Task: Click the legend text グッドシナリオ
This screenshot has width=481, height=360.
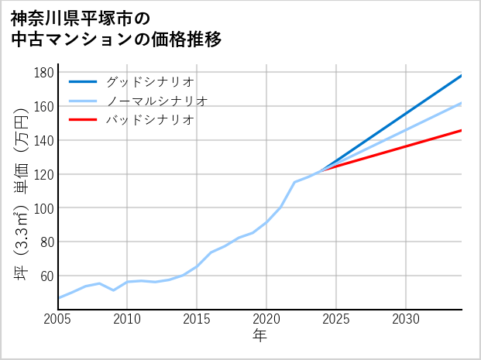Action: point(150,81)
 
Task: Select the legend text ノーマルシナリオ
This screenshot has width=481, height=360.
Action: point(157,101)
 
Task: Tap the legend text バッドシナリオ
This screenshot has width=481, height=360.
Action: point(150,120)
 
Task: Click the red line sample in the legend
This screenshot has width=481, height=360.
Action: point(83,120)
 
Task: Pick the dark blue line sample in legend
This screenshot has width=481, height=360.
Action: point(83,81)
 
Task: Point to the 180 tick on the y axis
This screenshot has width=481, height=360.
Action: point(44,73)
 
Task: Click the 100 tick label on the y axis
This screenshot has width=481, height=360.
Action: point(44,208)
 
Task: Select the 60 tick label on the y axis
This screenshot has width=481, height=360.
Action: point(47,276)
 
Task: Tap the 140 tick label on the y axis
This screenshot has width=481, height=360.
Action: point(44,140)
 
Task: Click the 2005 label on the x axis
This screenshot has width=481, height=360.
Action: point(58,319)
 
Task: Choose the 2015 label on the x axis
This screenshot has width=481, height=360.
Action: point(197,319)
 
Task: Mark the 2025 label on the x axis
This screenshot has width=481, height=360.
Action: point(336,319)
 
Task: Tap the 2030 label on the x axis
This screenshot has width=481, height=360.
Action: point(406,319)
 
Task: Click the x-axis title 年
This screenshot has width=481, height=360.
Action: point(259,336)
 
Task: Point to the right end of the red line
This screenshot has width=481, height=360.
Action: point(462,130)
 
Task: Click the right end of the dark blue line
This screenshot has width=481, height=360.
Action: point(462,75)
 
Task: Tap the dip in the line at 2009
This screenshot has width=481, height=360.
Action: point(114,290)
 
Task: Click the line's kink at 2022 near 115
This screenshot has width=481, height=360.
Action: point(294,182)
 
